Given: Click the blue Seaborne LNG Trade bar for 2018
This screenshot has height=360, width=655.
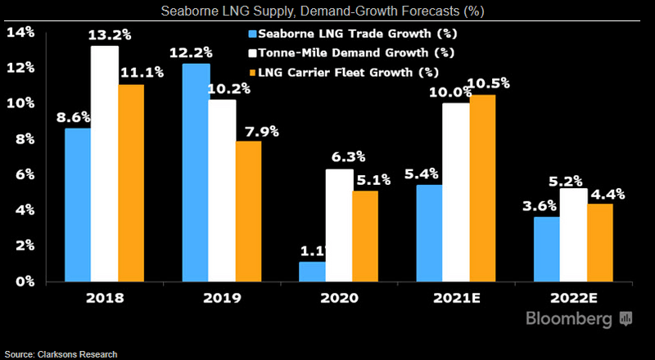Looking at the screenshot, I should pyautogui.click(x=79, y=205).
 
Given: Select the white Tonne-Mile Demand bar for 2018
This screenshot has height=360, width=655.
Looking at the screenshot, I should pyautogui.click(x=104, y=164).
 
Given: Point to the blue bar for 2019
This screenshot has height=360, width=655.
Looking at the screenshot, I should pyautogui.click(x=196, y=172).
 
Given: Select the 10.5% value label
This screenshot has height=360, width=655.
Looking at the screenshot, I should pyautogui.click(x=490, y=83).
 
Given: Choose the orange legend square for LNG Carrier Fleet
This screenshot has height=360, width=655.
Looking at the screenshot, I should pyautogui.click(x=252, y=71).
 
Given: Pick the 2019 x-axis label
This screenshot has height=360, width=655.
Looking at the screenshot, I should pyautogui.click(x=220, y=299).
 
